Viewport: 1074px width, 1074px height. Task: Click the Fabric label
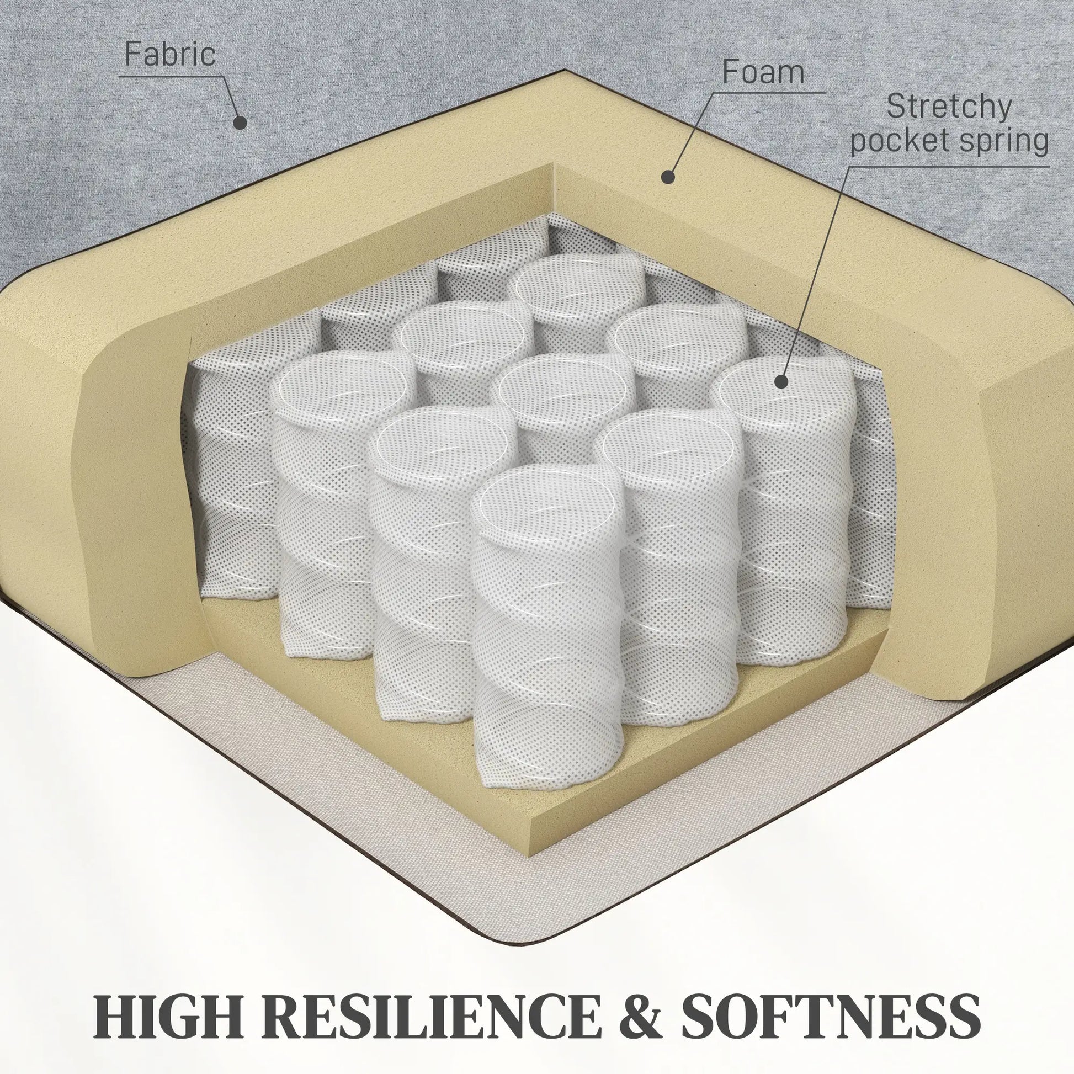tap(169, 54)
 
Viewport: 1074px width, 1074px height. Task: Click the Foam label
tap(763, 72)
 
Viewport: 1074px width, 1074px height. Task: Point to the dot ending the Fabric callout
tap(240, 123)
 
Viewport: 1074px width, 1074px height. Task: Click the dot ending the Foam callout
tap(668, 177)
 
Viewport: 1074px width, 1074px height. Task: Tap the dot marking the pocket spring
tap(781, 382)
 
